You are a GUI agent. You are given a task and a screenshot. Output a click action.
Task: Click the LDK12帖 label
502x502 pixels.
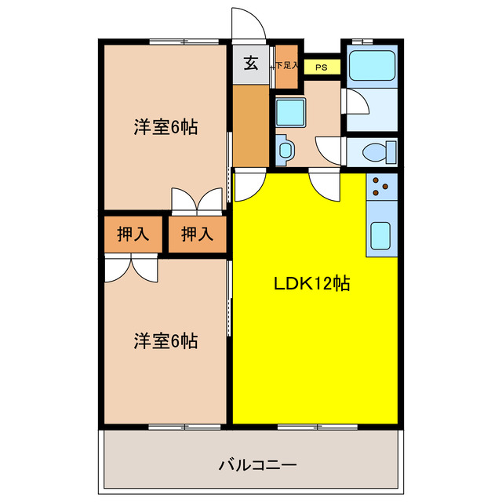tap(311, 283)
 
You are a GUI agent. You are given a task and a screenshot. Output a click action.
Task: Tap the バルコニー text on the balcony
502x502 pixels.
tap(257, 465)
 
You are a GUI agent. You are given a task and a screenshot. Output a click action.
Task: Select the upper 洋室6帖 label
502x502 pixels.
tap(165, 126)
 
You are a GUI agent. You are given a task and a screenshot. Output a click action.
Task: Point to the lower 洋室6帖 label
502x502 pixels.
tap(165, 341)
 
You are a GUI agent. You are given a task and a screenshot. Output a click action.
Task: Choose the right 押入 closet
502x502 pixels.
tap(197, 234)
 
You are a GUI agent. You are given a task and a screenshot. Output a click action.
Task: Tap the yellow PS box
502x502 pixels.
tap(321, 67)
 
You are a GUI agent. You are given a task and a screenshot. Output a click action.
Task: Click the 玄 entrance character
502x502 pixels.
tap(250, 64)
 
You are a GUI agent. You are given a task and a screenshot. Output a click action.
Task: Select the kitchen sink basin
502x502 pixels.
tap(382, 235)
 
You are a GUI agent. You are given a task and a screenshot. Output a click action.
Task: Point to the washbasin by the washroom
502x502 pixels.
tap(283, 148)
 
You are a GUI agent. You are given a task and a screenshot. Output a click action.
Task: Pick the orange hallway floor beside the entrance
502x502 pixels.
tap(250, 125)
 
